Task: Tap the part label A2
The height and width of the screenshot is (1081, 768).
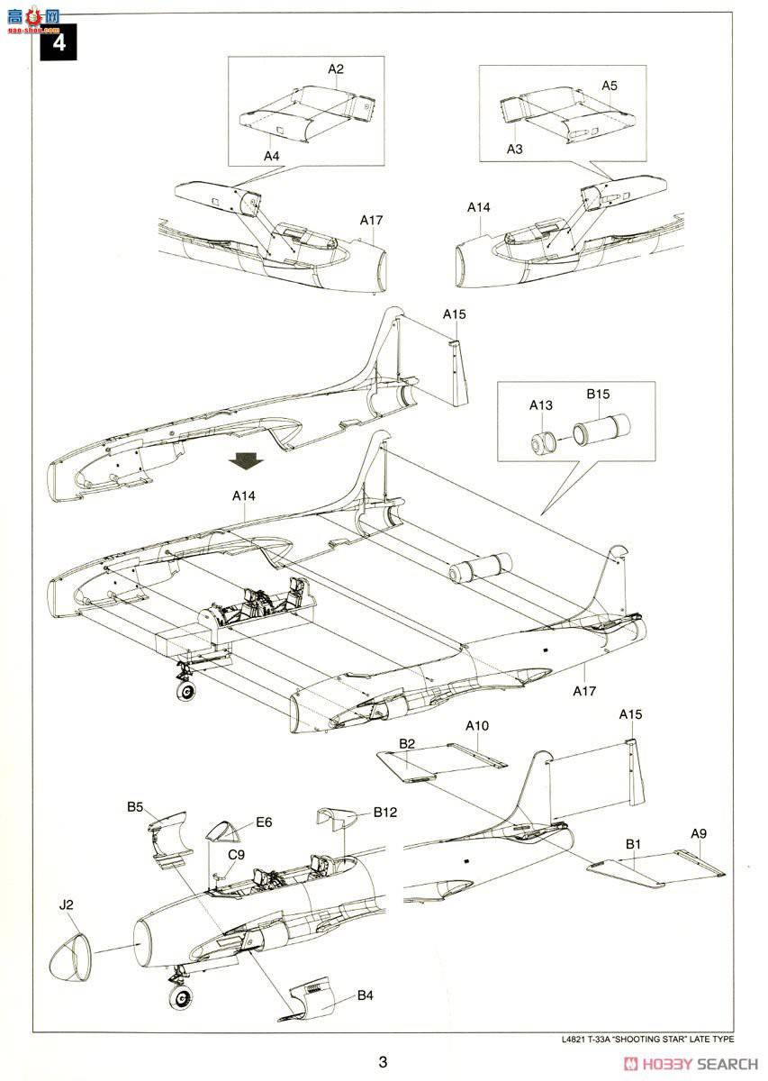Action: (336, 68)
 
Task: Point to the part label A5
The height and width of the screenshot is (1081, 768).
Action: (610, 86)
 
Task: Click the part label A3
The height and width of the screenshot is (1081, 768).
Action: (514, 149)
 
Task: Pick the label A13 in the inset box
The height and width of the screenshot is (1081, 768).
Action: (540, 405)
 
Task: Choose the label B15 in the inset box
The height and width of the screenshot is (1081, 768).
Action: (599, 394)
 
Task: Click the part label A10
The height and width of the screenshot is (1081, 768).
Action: (477, 726)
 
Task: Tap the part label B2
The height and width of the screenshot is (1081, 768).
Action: (407, 743)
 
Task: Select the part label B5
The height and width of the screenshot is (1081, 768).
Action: (135, 807)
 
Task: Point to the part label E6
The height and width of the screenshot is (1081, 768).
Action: (264, 822)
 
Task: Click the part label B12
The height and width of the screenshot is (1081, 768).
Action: (385, 812)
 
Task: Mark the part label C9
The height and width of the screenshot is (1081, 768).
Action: (236, 854)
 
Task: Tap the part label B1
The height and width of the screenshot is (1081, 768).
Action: (633, 844)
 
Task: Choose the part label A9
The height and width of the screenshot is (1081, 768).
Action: (699, 833)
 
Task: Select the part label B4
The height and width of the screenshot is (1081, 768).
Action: (365, 995)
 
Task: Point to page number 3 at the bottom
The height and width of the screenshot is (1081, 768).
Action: (383, 1062)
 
